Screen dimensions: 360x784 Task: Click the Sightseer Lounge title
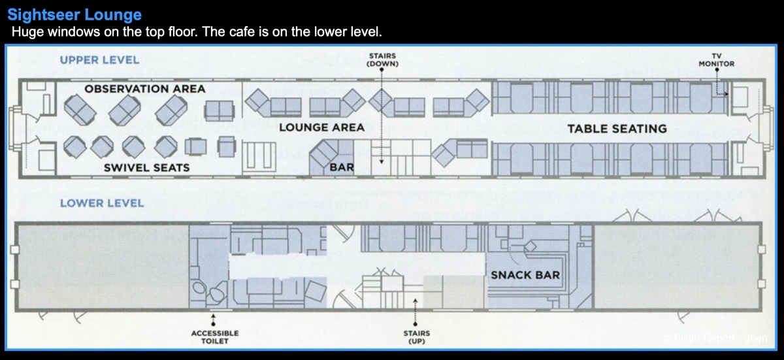click(74, 14)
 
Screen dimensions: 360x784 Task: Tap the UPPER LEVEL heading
click(99, 60)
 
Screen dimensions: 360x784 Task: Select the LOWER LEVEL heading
click(101, 203)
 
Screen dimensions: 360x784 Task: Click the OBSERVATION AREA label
click(144, 89)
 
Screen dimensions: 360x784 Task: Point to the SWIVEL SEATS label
click(146, 168)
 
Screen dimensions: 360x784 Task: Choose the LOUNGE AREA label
click(321, 127)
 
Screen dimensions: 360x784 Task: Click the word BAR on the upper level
click(342, 167)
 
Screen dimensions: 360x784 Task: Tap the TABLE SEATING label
click(617, 129)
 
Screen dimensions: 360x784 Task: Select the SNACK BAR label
click(525, 275)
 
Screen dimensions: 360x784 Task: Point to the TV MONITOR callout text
click(716, 60)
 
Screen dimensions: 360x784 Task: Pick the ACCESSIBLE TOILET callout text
click(214, 337)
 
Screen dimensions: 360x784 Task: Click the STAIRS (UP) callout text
click(417, 337)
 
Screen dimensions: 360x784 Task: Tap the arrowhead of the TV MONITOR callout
click(727, 94)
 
